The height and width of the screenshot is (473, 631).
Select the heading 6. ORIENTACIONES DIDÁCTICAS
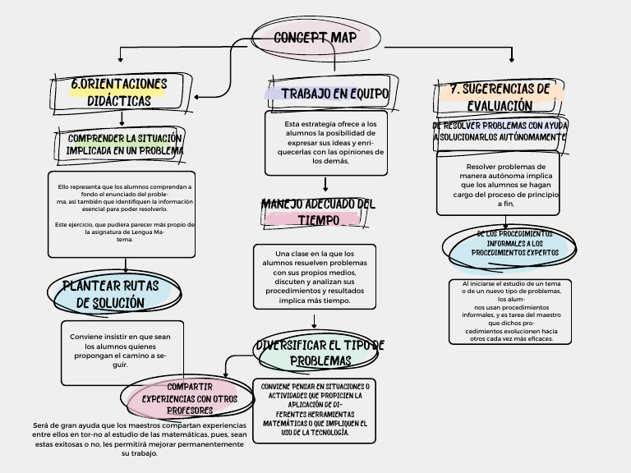pyautogui.click(x=118, y=92)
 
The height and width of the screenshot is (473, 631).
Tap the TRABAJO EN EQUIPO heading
pyautogui.click(x=334, y=94)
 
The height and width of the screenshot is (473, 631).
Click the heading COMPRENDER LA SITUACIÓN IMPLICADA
pyautogui.click(x=125, y=145)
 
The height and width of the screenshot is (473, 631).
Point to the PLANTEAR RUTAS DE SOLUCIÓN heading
pyautogui.click(x=111, y=294)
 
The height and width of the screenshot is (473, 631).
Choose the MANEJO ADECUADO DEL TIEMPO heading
pyautogui.click(x=317, y=212)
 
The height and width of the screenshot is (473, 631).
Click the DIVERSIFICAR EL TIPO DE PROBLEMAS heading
pyautogui.click(x=319, y=352)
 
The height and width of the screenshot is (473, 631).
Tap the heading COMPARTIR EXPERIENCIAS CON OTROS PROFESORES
pyautogui.click(x=190, y=397)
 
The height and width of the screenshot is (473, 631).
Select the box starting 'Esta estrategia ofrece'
pyautogui.click(x=326, y=142)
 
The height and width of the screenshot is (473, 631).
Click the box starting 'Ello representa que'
pyautogui.click(x=122, y=213)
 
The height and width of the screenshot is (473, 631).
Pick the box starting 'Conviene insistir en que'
pyautogui.click(x=121, y=351)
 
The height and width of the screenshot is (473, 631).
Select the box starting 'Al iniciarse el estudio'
pyautogui.click(x=506, y=310)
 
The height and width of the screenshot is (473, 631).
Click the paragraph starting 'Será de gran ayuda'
pyautogui.click(x=139, y=439)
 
